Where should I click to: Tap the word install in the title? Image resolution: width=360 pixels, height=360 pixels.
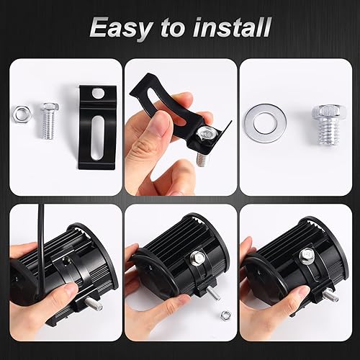[x=230, y=28]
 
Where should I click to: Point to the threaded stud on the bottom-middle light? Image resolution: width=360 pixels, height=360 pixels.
[x=212, y=292]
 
